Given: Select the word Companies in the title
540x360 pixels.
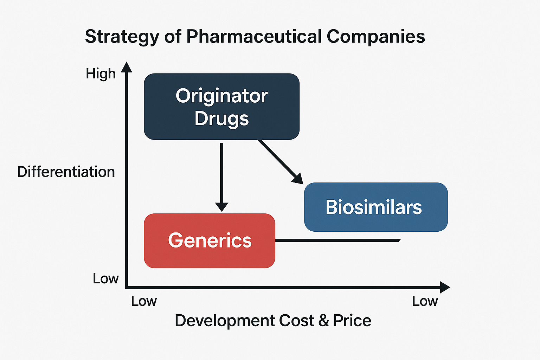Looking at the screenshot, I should point(376,36).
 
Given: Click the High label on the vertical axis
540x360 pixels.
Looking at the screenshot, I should point(101,74).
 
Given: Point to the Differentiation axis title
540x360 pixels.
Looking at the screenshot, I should point(66,172).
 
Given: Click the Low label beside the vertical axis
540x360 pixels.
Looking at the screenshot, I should point(105,278).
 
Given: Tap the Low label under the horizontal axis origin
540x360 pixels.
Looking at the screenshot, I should point(144,301).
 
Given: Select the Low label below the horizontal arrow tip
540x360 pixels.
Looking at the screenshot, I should point(425,301).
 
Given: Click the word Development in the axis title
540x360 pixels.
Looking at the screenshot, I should point(225,321).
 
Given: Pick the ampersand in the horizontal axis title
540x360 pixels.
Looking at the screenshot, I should point(323,321).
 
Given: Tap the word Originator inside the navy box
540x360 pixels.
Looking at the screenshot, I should point(221,96).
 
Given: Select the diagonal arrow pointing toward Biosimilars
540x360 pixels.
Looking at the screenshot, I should point(279,161).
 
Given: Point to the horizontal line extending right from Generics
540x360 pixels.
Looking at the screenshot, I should point(337,240).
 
